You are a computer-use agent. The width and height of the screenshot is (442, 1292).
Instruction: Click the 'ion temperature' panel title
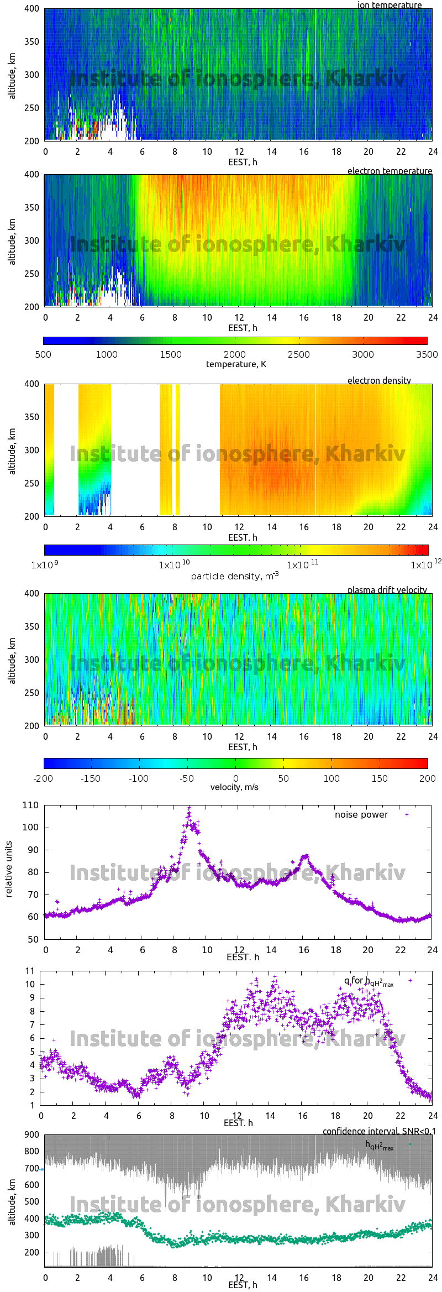389,5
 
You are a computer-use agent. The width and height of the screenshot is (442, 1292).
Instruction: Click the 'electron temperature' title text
390,171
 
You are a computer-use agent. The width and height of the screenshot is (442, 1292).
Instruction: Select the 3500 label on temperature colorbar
427,354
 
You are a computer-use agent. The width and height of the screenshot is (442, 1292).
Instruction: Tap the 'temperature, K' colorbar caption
236,364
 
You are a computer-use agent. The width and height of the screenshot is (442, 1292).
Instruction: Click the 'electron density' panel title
379,380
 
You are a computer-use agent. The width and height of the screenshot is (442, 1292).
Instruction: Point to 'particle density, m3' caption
235,576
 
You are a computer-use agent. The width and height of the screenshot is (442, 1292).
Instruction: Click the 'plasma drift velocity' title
387,590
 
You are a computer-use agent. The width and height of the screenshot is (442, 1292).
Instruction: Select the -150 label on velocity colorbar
91,778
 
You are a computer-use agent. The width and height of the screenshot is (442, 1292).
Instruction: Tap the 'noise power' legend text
361,814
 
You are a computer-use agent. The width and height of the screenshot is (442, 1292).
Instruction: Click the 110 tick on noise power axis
30,805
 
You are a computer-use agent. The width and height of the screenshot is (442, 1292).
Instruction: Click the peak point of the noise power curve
189,808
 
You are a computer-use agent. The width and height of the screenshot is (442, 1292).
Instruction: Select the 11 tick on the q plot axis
30,971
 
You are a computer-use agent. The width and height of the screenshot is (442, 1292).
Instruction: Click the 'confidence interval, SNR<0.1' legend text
378,1131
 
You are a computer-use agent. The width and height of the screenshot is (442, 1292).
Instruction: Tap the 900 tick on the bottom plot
32,1134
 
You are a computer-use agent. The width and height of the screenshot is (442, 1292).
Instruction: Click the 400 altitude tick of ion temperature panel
31,9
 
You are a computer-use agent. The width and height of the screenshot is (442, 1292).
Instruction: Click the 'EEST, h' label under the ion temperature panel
243,162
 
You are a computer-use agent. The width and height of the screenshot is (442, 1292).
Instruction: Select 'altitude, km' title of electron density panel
12,450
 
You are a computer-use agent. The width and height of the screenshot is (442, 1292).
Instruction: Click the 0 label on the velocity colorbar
235,778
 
